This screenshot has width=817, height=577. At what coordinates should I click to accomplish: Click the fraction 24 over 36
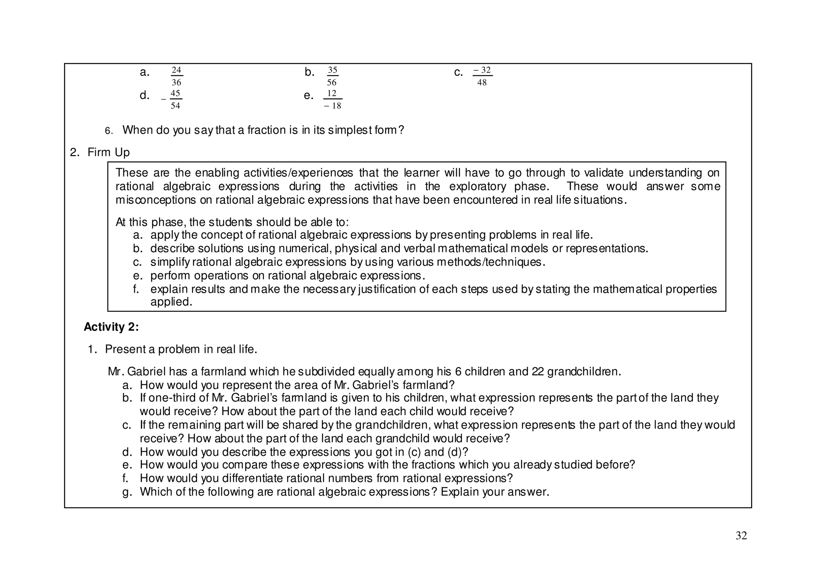point(176,76)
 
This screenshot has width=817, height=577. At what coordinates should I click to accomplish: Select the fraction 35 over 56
point(332,76)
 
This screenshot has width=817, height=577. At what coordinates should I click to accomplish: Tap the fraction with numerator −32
point(482,76)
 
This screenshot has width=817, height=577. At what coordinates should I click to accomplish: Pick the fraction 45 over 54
point(175,99)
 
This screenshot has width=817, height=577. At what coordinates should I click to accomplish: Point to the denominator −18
point(333,106)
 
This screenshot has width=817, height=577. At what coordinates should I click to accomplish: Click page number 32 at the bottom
point(741,536)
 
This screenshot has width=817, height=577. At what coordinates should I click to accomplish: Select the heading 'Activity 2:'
point(111,327)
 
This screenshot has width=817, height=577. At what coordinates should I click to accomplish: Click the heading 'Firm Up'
point(109,152)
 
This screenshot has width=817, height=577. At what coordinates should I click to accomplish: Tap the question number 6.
point(109,131)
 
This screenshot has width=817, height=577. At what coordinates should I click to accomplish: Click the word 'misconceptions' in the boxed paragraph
point(156,200)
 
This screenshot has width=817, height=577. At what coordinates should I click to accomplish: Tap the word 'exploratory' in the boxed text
point(478,186)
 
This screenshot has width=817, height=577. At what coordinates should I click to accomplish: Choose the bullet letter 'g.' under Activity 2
point(127,492)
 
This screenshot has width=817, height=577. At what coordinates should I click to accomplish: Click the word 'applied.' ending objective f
point(171,302)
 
